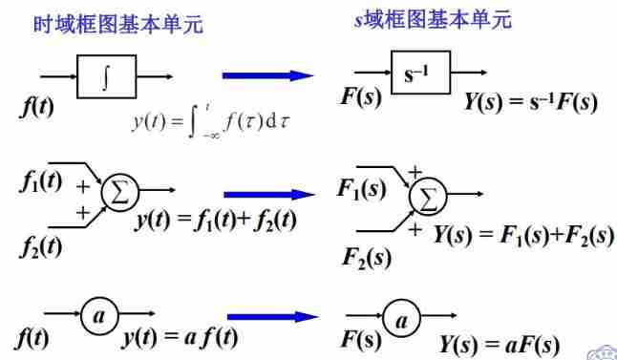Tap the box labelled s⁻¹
[x=420, y=73]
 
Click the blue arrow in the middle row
[x=269, y=195]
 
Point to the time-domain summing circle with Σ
[x=119, y=191]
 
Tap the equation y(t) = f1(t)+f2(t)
[x=216, y=221]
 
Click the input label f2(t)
[x=40, y=247]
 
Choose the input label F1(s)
[x=362, y=188]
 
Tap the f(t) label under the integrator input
[x=36, y=106]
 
